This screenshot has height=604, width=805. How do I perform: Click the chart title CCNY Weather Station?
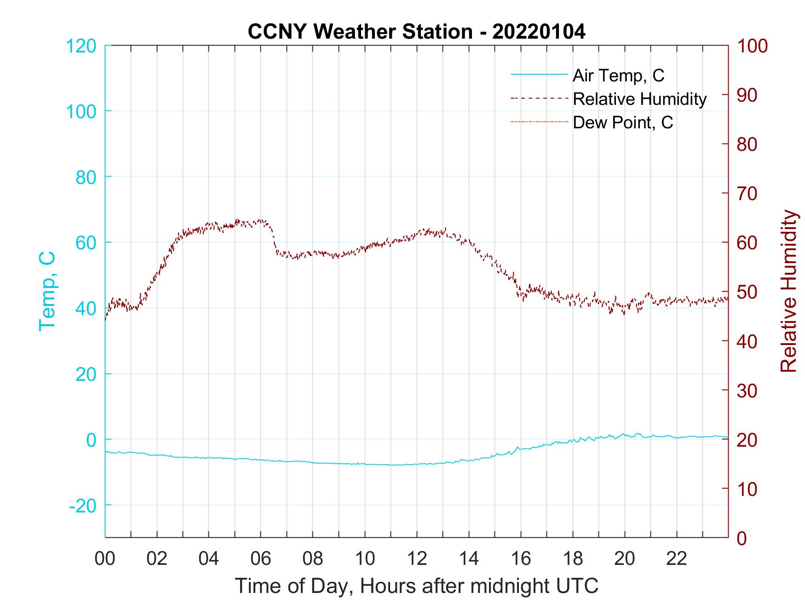416,32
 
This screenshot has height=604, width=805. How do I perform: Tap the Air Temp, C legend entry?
618,75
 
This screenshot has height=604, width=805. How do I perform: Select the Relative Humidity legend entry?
639,99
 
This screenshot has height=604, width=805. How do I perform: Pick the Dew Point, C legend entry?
623,123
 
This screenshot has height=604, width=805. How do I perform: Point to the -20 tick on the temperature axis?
83,506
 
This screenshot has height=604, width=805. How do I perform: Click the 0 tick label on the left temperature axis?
91,440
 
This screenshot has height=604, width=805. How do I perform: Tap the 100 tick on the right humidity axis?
752,46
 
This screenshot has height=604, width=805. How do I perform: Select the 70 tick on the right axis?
747,194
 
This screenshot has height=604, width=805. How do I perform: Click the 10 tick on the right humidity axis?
747,489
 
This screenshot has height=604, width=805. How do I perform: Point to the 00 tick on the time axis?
105,558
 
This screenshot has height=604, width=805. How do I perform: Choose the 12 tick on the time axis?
417,558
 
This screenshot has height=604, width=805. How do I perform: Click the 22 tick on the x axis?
677,558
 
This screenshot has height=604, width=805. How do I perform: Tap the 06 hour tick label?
261,558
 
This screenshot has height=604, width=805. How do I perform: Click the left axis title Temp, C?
47,291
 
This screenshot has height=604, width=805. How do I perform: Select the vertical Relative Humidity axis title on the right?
788,291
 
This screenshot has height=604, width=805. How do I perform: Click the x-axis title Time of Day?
416,586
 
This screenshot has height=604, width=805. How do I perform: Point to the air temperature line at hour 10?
365,464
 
